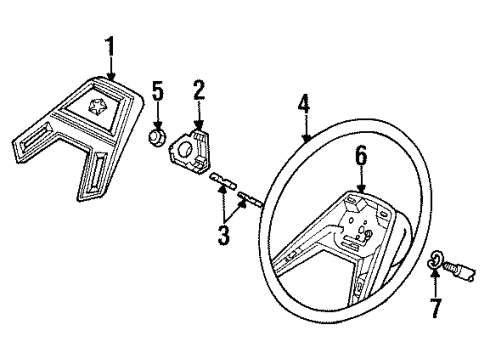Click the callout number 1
tap(112, 46)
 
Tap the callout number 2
tap(199, 91)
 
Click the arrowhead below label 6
tap(362, 192)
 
